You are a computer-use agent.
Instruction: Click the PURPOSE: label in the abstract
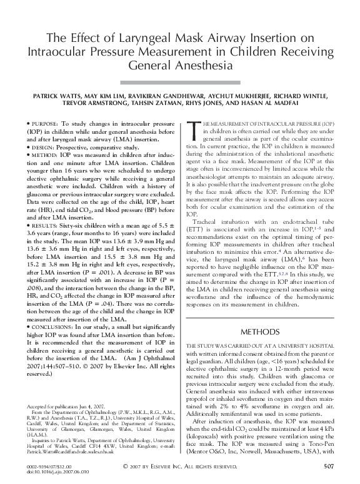52,117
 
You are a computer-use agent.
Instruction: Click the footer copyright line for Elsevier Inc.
179,466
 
